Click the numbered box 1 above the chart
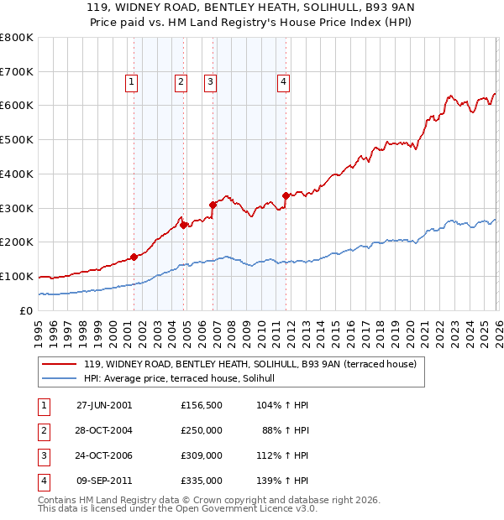click(133, 82)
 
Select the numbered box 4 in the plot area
click(284, 82)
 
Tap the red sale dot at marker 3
click(213, 204)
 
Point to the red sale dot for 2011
click(286, 195)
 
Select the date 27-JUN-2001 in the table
click(104, 405)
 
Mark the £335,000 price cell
click(202, 481)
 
